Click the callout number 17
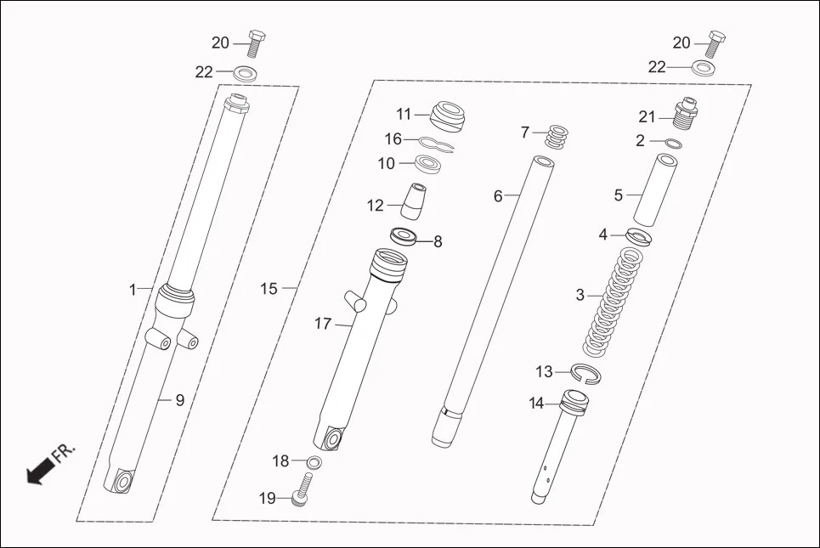click(322, 324)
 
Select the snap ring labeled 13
click(585, 372)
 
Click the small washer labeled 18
click(314, 462)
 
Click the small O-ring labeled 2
click(671, 142)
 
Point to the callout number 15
click(269, 289)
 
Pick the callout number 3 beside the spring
click(580, 296)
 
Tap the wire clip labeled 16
click(433, 143)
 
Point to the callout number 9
click(179, 400)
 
